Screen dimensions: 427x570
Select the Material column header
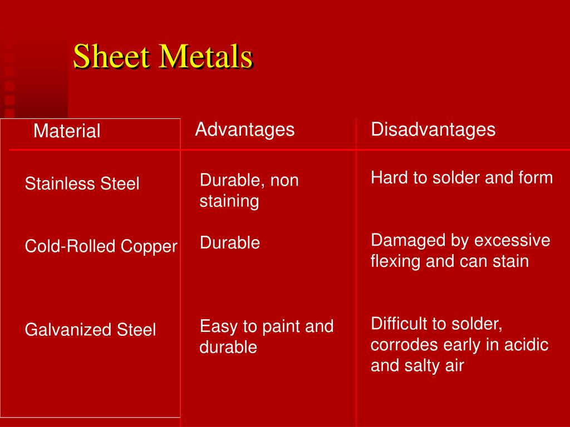pyautogui.click(x=67, y=132)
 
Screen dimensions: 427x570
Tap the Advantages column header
pyautogui.click(x=244, y=130)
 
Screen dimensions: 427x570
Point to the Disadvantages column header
pyautogui.click(x=433, y=130)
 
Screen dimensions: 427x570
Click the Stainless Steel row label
pyautogui.click(x=82, y=183)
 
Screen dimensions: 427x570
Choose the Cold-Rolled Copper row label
pyautogui.click(x=101, y=246)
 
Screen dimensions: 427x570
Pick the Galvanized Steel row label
pyautogui.click(x=90, y=330)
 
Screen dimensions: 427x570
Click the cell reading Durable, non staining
pyautogui.click(x=249, y=190)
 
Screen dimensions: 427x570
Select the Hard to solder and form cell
pyautogui.click(x=461, y=178)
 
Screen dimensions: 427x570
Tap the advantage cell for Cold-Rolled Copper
pyautogui.click(x=230, y=243)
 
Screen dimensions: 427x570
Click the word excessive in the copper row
pyautogui.click(x=512, y=241)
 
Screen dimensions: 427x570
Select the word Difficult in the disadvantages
pyautogui.click(x=398, y=324)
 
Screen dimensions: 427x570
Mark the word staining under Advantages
pyautogui.click(x=229, y=201)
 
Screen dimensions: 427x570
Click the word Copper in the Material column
pyautogui.click(x=151, y=246)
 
